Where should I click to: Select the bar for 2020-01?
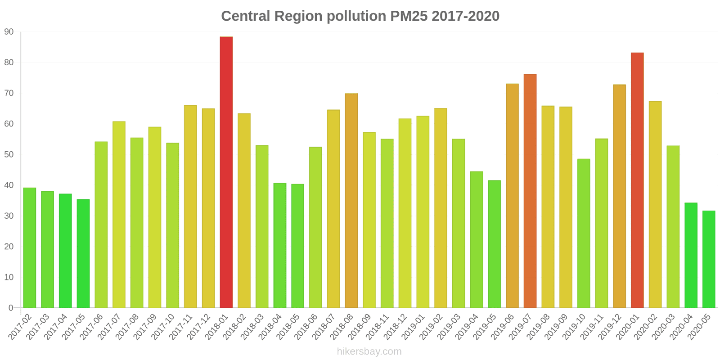pyautogui.click(x=637, y=180)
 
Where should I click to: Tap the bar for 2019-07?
pyautogui.click(x=530, y=191)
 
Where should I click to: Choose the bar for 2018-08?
pyautogui.click(x=351, y=201)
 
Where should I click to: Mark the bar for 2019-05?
pyautogui.click(x=494, y=244)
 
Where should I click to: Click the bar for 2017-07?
pyautogui.click(x=119, y=215)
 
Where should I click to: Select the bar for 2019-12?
pyautogui.click(x=619, y=196)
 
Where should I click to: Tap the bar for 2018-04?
pyautogui.click(x=280, y=245)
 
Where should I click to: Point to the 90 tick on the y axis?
pyautogui.click(x=9, y=32)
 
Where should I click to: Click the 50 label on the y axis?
pyautogui.click(x=9, y=154)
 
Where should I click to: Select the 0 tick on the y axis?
pyautogui.click(x=11, y=308)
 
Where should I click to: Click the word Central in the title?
pyautogui.click(x=245, y=16)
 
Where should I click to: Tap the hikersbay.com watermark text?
pyautogui.click(x=369, y=351)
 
